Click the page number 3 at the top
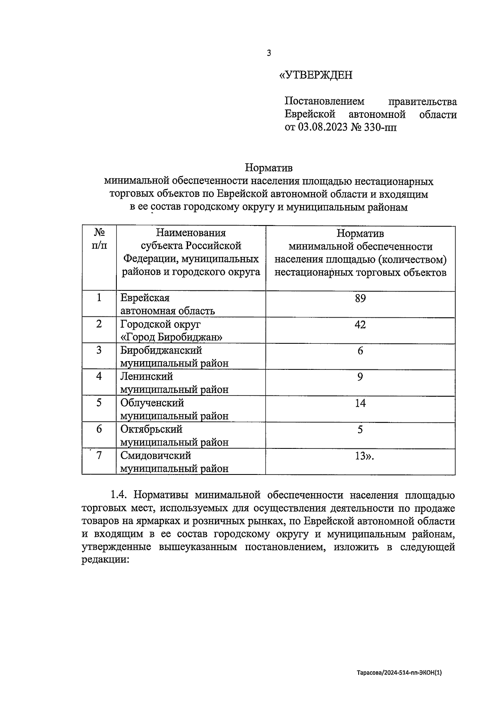[269, 53]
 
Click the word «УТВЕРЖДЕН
[316, 75]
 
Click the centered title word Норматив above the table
[269, 168]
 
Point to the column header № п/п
[99, 239]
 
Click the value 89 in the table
[360, 298]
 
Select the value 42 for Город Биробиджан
[360, 325]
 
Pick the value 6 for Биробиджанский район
[360, 351]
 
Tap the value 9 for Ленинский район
[360, 377]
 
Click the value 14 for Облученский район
[360, 403]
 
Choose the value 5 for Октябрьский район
[360, 429]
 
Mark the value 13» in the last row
[362, 456]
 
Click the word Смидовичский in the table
[156, 455]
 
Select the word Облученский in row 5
[152, 403]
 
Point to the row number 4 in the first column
[99, 376]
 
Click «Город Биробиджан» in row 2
[171, 337]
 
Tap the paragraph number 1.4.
[119, 495]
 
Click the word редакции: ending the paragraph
[106, 560]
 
